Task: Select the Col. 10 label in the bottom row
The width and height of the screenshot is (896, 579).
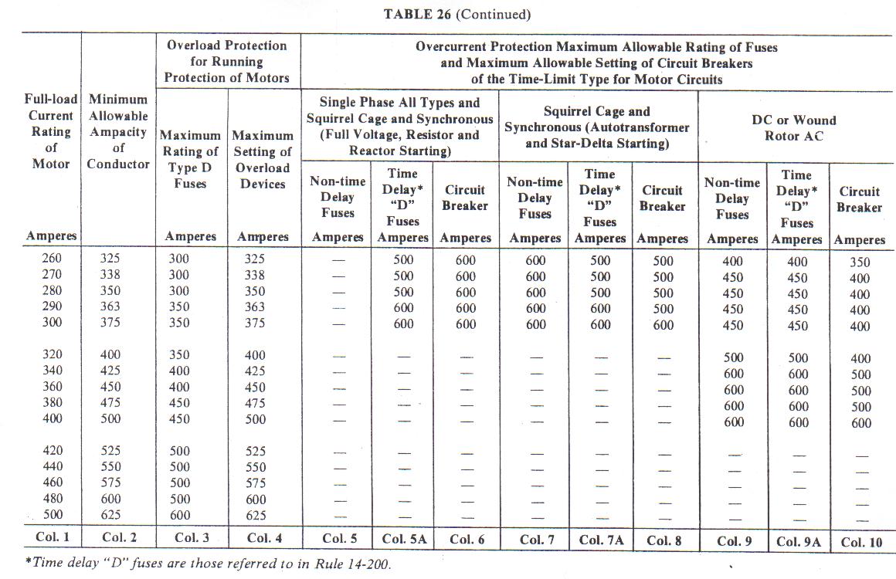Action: point(861,542)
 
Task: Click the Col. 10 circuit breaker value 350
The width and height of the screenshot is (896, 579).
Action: point(860,262)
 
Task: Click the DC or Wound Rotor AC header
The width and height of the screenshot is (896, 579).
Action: point(793,128)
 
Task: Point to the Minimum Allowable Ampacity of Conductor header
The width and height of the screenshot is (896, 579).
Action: point(118,131)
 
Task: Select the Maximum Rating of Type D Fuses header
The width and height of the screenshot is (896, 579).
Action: point(190,160)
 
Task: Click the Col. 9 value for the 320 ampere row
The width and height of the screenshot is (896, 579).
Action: point(732,357)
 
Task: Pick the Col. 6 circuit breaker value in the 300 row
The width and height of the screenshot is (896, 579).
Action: point(466,323)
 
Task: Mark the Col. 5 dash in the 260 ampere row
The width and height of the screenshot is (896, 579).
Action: point(337,261)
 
